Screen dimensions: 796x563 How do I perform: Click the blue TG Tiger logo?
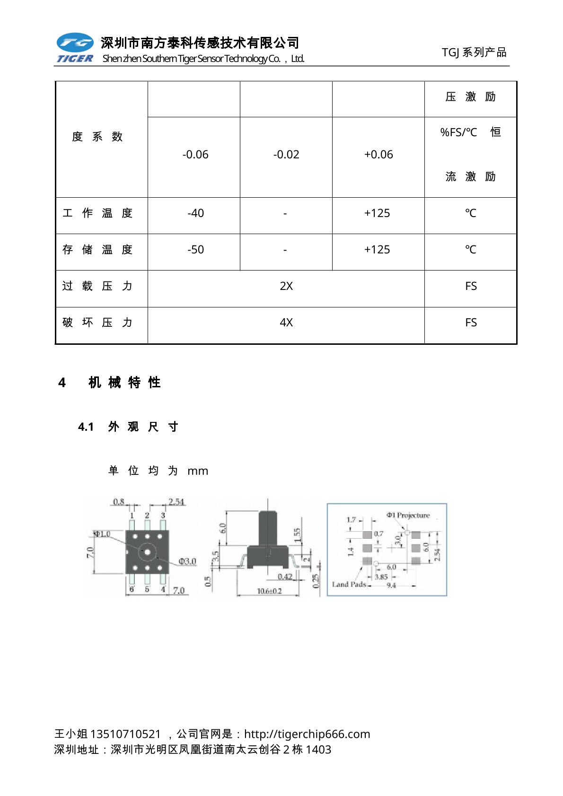click(x=75, y=47)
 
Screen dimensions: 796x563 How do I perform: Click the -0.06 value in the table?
click(x=195, y=155)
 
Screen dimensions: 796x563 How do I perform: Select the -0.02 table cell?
click(x=286, y=155)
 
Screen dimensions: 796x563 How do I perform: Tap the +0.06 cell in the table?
click(x=378, y=155)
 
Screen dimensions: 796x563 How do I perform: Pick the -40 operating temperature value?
click(x=195, y=213)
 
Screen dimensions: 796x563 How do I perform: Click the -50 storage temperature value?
click(x=195, y=250)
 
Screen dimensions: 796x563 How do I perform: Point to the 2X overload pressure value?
click(x=286, y=286)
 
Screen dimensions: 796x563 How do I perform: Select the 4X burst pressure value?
click(x=286, y=323)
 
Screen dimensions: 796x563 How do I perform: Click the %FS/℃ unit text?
click(x=458, y=132)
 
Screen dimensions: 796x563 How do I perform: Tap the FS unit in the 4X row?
click(x=471, y=323)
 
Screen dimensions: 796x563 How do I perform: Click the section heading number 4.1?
click(x=86, y=427)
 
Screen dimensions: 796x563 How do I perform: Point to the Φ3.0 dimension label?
click(x=187, y=561)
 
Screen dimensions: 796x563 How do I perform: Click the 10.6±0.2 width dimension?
click(x=269, y=591)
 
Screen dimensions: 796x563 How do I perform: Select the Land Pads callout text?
click(x=349, y=585)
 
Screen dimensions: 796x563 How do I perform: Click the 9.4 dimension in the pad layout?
click(x=391, y=586)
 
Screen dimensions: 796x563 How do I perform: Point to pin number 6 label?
click(x=132, y=589)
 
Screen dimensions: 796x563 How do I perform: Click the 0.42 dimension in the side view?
click(x=285, y=577)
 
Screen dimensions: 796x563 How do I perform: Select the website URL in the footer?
click(x=307, y=734)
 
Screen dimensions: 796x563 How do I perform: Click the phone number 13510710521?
click(x=125, y=734)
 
